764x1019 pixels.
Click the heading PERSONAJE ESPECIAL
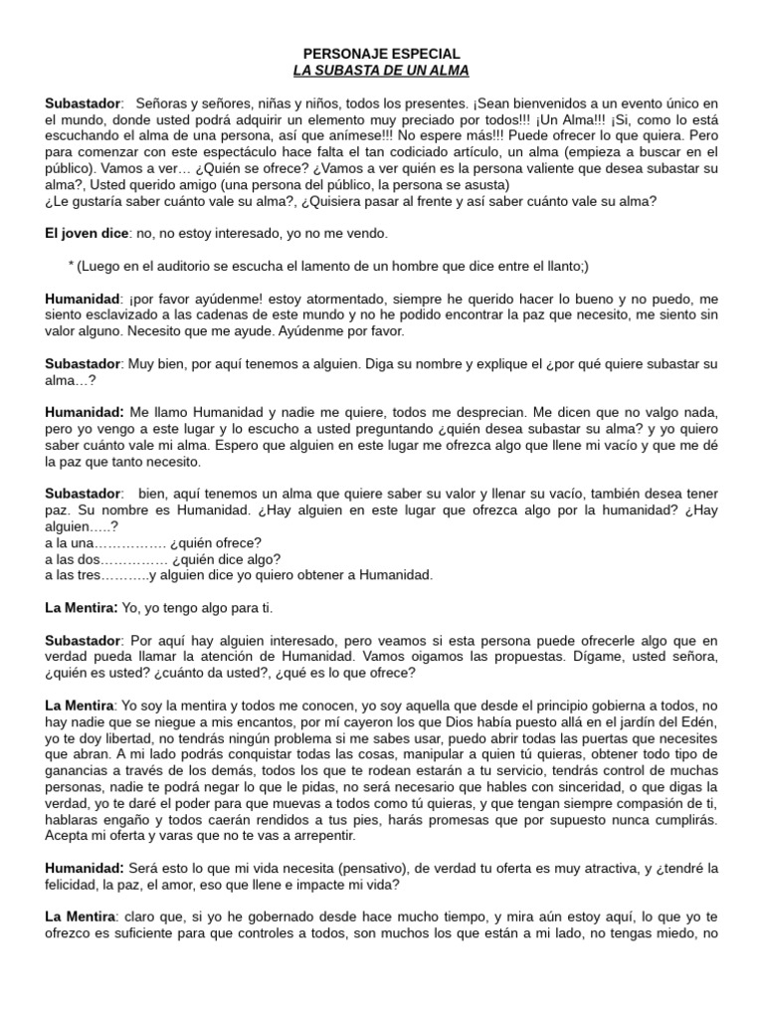[x=381, y=54]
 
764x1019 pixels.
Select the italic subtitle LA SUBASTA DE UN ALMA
[x=381, y=71]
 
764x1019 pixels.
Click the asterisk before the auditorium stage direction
[x=71, y=266]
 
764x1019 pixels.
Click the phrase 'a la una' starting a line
[x=68, y=542]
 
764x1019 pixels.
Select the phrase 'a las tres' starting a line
[x=70, y=574]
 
